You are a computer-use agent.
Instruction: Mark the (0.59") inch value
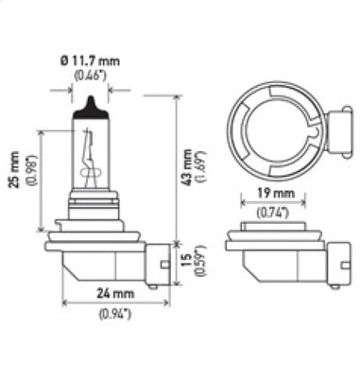[199, 261]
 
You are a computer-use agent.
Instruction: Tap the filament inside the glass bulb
[91, 156]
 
